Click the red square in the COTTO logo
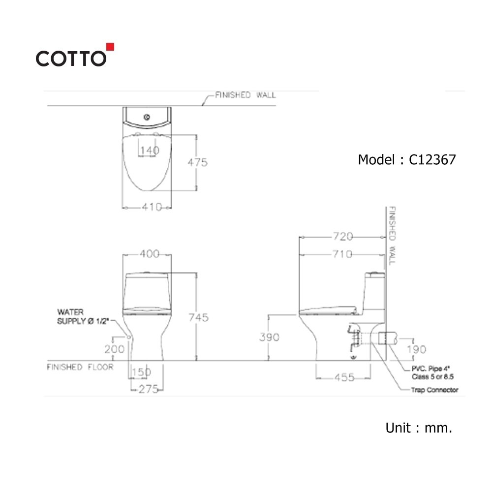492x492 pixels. (110, 47)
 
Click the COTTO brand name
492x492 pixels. (71, 59)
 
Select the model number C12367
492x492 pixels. (432, 160)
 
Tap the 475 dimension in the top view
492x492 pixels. (197, 162)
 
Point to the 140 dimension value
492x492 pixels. (150, 150)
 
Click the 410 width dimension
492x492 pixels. (152, 207)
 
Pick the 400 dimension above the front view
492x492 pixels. (150, 253)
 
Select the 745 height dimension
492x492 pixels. (199, 317)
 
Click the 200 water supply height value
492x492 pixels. (114, 349)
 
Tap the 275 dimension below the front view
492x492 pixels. (149, 389)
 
